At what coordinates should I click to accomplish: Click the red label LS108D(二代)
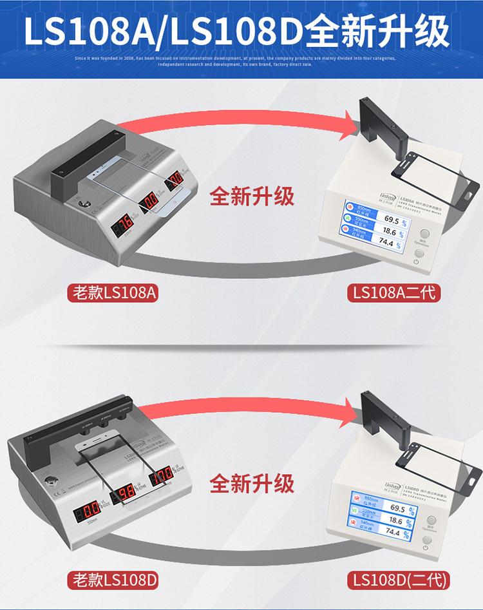[397, 580]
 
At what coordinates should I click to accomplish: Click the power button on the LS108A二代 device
[419, 254]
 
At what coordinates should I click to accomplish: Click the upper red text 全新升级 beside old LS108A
[252, 196]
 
